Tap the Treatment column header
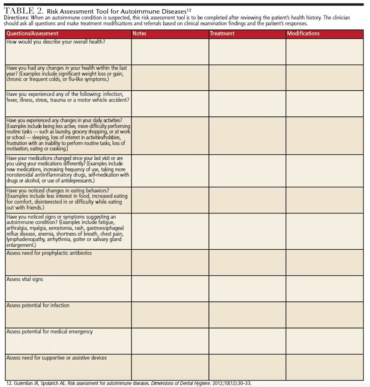pos(222,33)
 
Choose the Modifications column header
pos(303,33)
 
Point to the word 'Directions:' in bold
pos(16,18)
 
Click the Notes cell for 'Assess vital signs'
pos(170,288)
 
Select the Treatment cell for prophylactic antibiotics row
pos(247,262)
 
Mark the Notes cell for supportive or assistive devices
pos(170,367)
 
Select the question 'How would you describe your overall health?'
pos(56,41)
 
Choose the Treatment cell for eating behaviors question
pos(247,200)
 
